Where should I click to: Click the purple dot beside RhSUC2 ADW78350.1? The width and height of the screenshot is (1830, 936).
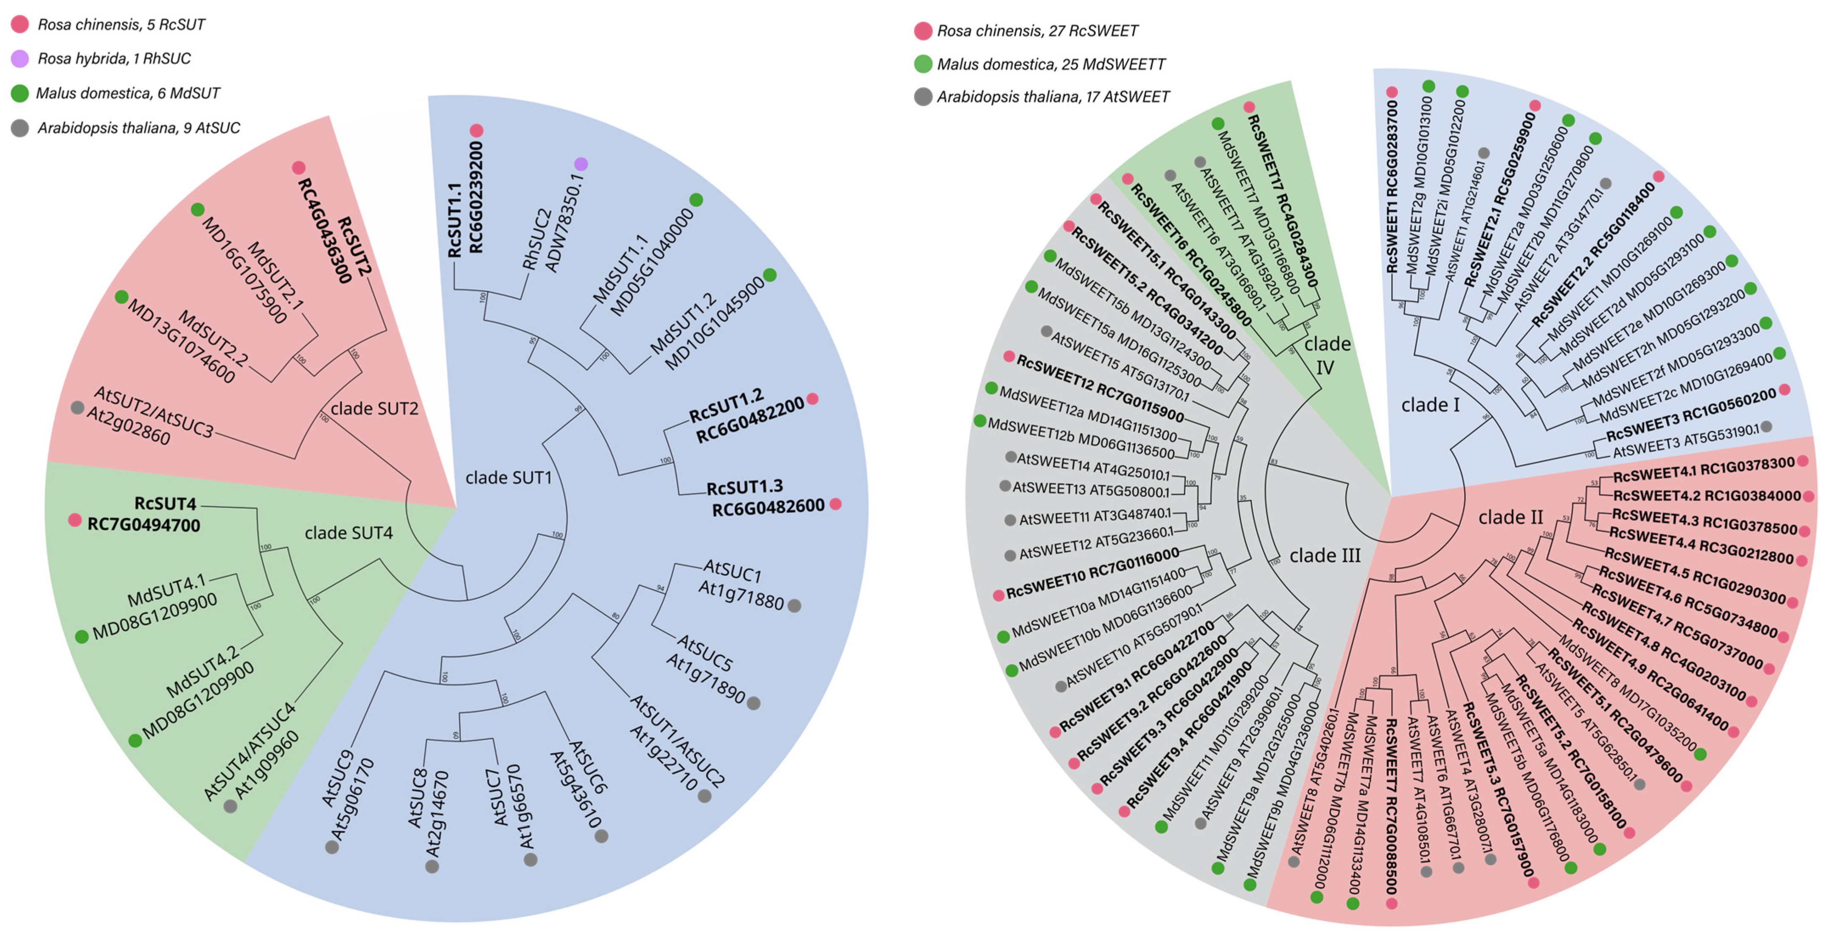coord(581,164)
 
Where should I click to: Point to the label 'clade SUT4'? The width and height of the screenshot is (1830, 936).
coord(348,533)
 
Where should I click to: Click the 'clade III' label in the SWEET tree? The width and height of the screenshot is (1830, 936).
coord(1325,555)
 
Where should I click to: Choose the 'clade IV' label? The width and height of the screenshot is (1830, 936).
coord(1326,355)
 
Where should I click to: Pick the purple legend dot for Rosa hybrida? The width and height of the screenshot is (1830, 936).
coord(20,58)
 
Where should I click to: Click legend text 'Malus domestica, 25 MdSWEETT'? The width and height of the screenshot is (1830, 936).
coord(1051,64)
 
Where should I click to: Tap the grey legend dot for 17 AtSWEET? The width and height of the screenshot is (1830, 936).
coord(923,97)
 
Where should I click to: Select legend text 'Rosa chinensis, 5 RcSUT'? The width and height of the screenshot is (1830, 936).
coord(121,24)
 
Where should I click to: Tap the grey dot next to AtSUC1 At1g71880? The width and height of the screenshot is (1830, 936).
coord(794,606)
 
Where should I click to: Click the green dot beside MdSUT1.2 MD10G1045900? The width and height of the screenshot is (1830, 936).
coord(769,275)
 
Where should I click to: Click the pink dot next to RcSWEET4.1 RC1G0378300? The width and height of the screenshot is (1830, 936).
coord(1802,461)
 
